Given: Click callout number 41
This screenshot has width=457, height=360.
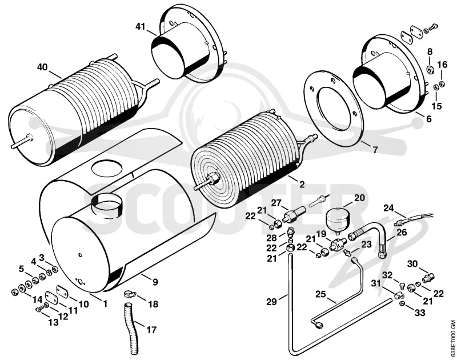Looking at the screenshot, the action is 140,26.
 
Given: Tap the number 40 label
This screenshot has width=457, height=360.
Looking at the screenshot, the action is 42,67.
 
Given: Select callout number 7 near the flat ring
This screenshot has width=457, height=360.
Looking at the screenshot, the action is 375,150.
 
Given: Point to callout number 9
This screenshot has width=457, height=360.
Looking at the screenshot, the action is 155,282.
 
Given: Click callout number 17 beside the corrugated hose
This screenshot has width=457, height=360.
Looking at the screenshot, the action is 151,330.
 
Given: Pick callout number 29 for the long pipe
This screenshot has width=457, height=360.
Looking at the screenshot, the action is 271,302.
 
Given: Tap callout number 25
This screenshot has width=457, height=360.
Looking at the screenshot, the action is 320,294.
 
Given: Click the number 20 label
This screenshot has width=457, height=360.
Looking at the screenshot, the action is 359,198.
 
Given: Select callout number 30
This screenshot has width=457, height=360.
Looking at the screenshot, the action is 412,264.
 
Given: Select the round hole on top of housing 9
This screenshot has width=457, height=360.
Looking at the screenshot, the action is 107,169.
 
